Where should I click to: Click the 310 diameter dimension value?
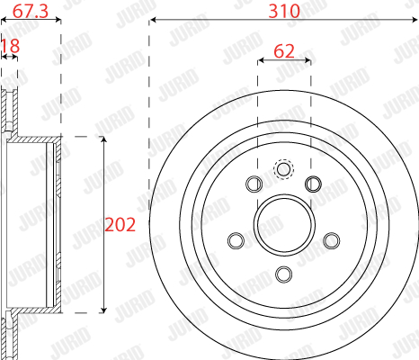284,11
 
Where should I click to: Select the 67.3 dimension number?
31,11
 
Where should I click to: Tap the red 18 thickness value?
11,46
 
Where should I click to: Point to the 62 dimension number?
284,51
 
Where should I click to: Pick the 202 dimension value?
120,225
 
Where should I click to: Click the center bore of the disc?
284,225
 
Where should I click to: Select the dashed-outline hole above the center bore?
284,169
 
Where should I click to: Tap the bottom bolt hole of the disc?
283,274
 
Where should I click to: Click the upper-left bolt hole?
254,184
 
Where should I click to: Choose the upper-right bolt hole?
313,184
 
